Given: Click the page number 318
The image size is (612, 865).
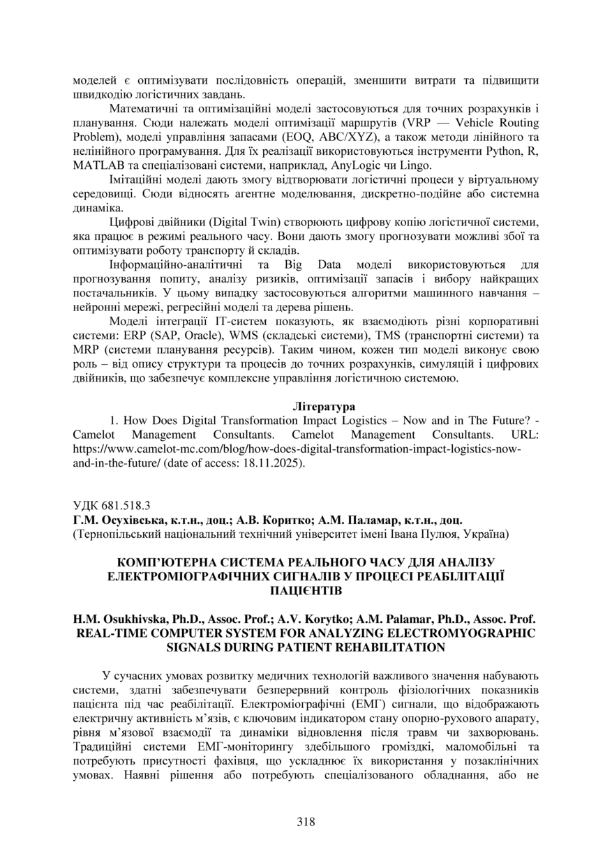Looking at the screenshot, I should (x=306, y=821).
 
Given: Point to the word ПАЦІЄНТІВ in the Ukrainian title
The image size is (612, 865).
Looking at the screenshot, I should (x=306, y=590).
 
